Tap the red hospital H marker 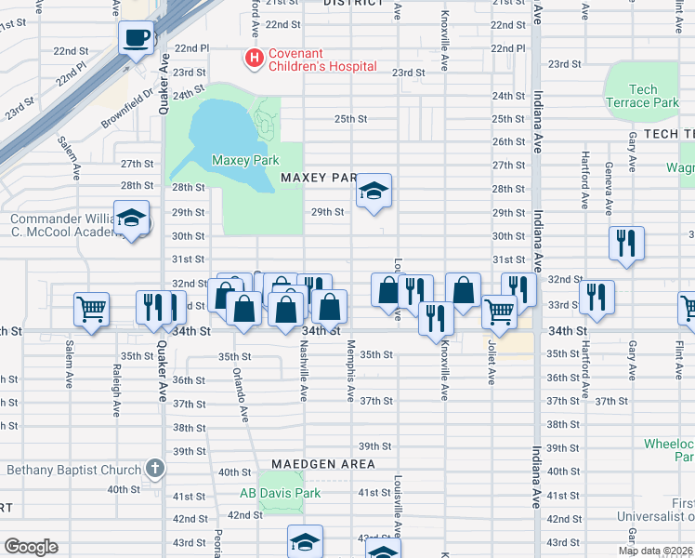coord(252,59)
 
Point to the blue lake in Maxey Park coord(218,130)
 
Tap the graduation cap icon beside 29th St coord(374,192)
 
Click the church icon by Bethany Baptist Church coord(155,470)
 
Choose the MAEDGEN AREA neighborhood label coord(323,463)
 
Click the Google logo coord(31,547)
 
